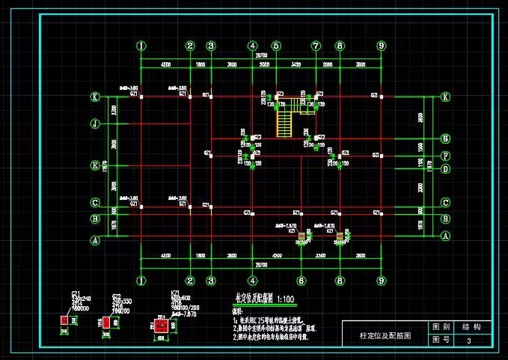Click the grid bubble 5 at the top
click(x=276, y=46)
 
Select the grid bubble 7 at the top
click(x=316, y=46)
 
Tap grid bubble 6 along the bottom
click(x=301, y=281)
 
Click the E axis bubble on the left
click(x=95, y=165)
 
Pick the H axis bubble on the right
click(x=446, y=138)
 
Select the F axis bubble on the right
click(x=446, y=156)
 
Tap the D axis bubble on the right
click(x=446, y=168)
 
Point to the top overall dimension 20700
click(x=261, y=57)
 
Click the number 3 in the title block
click(x=469, y=341)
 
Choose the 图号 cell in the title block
click(x=441, y=341)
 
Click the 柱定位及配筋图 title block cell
click(x=385, y=335)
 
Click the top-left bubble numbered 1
click(x=141, y=46)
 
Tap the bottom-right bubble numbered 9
click(x=381, y=281)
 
